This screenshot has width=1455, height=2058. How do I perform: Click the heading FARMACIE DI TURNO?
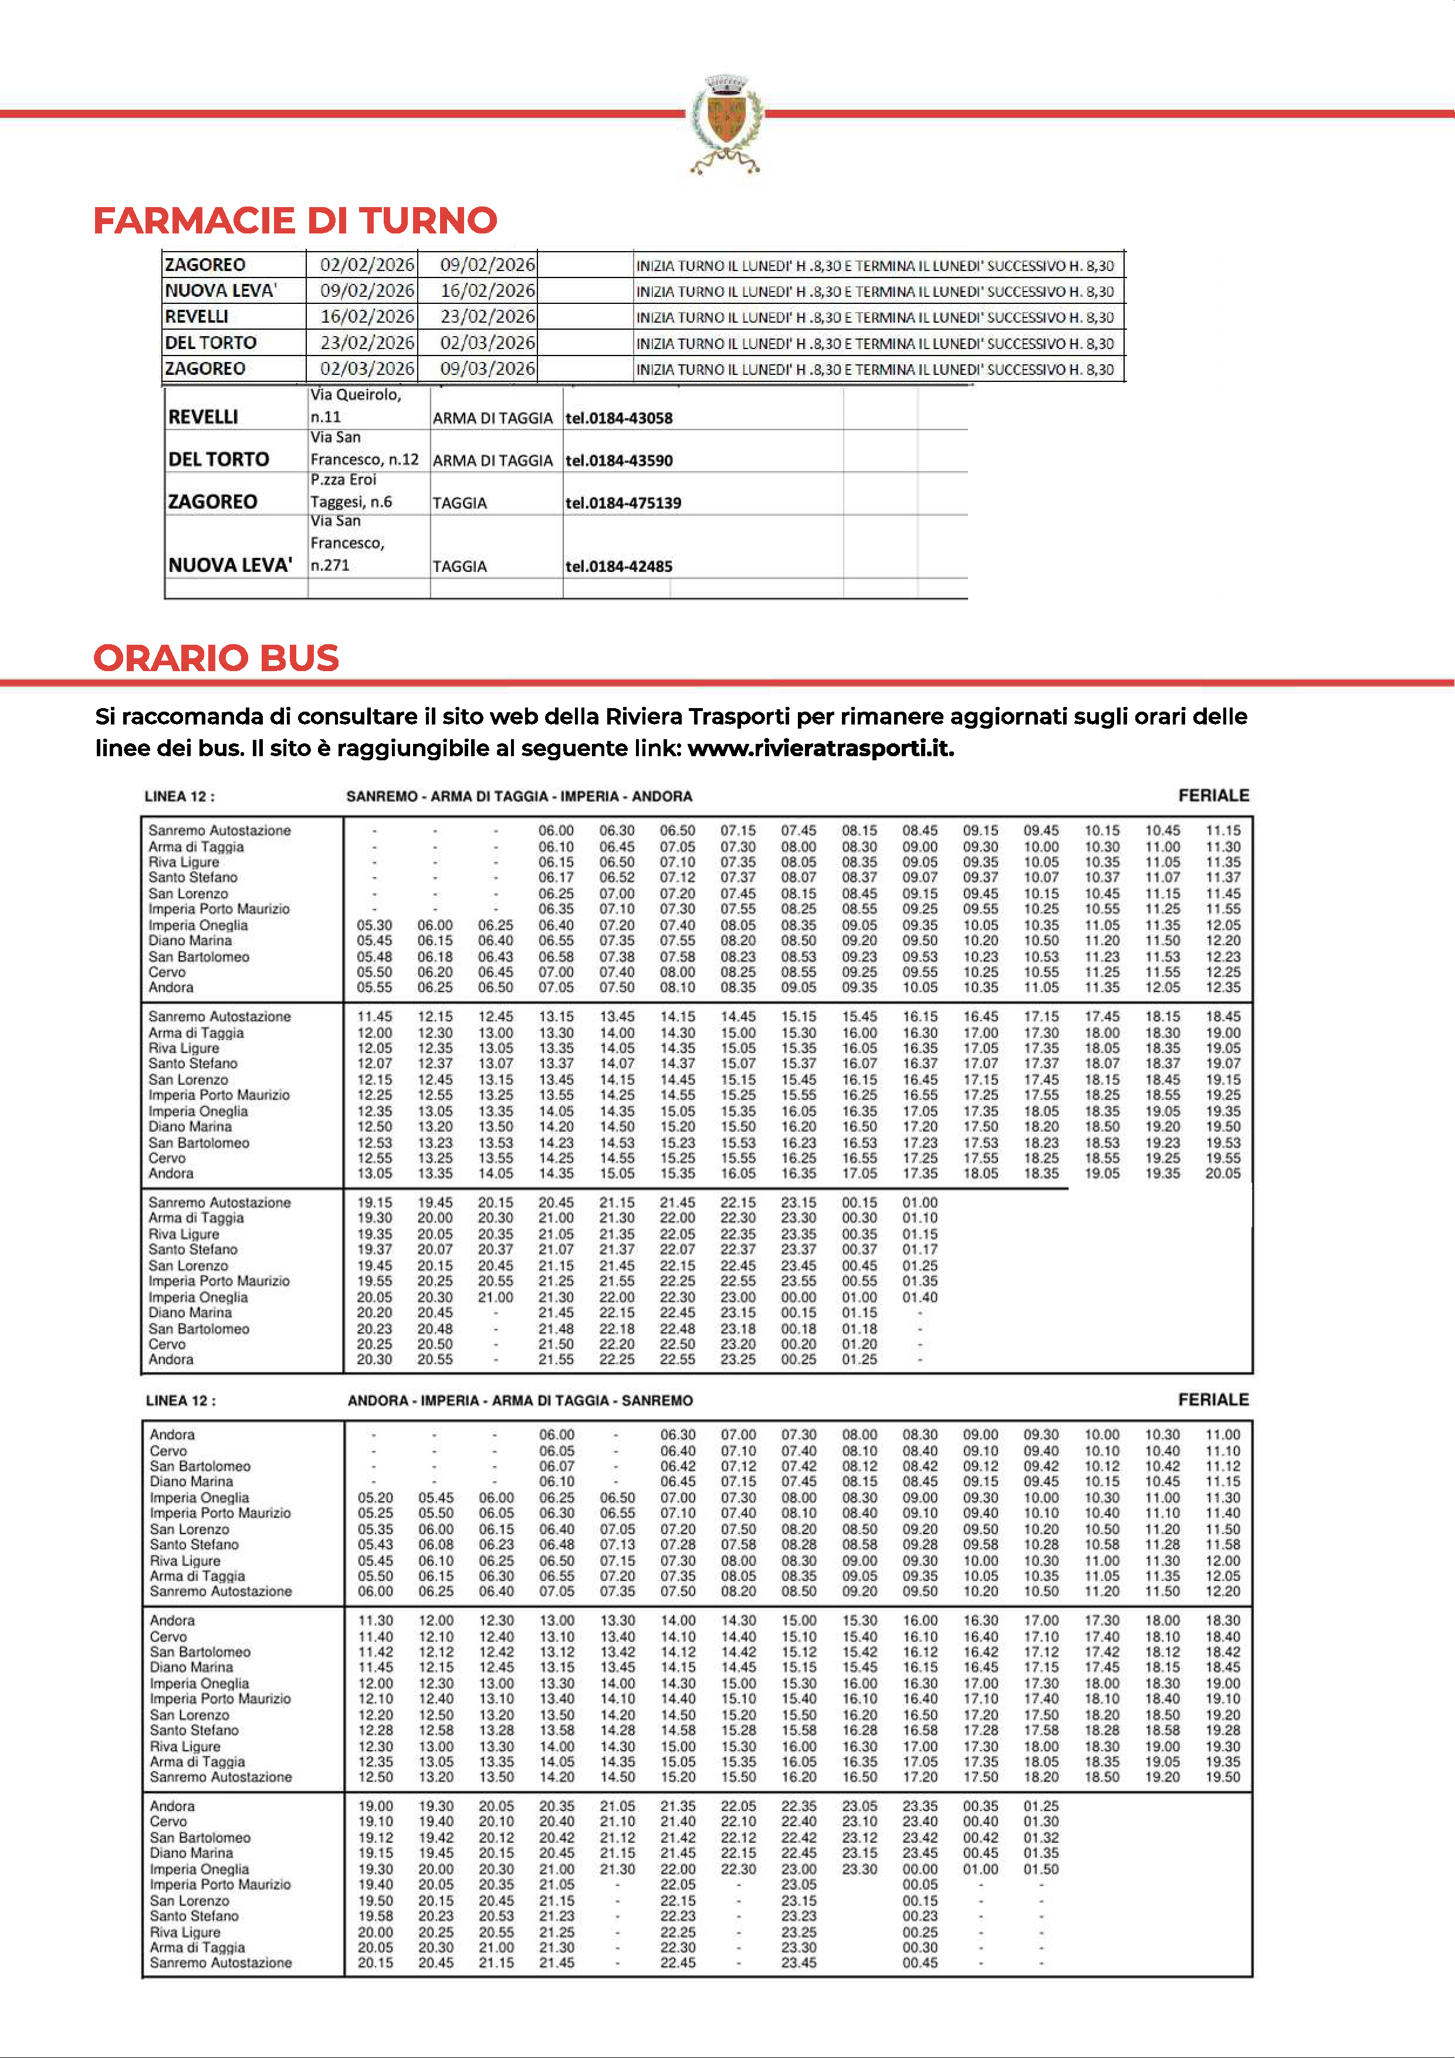click(295, 221)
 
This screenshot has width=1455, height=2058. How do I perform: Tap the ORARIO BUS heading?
click(216, 658)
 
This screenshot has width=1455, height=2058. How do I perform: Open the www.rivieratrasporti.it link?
click(820, 749)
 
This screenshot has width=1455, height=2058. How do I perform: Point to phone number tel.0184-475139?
click(623, 503)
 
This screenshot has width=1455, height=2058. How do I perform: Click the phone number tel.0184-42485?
click(618, 567)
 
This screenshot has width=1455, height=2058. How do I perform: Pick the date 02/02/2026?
click(367, 265)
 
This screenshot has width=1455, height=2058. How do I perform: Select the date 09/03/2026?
click(487, 368)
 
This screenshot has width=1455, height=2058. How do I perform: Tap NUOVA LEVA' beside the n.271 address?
click(231, 566)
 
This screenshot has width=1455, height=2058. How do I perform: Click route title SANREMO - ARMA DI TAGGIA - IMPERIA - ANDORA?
click(519, 796)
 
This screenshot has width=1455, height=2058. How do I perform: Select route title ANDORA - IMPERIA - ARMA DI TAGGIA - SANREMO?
click(520, 1400)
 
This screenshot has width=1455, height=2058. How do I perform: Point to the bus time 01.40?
click(920, 1297)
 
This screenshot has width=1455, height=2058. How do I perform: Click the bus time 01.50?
click(1041, 1869)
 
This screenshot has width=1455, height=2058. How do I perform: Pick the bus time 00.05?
click(920, 1884)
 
